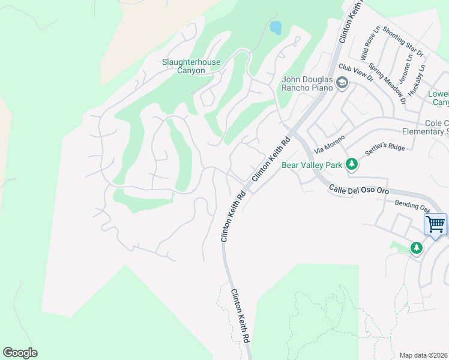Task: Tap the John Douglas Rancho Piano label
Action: point(307,82)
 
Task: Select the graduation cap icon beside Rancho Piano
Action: point(342,83)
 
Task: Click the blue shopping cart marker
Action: point(435,224)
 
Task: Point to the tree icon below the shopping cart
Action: point(417,247)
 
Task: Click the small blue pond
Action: point(276,27)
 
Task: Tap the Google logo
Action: point(20,353)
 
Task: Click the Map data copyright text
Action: point(424,355)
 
